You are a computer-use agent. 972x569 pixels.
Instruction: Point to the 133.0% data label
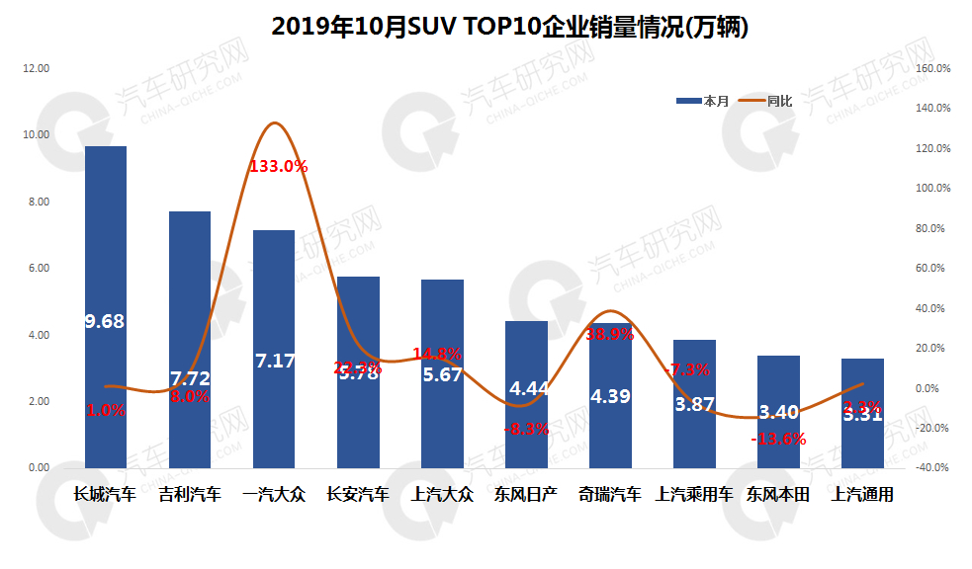coord(278,166)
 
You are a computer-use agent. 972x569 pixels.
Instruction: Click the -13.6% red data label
coord(778,439)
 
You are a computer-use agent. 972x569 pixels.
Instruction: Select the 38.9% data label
coord(609,334)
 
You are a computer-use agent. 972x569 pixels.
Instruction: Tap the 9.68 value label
coord(105,321)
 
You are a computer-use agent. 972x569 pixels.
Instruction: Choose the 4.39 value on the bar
coord(610,396)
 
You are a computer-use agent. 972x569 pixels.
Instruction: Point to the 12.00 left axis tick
coord(37,68)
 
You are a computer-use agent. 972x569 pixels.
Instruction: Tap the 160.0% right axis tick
coord(933,68)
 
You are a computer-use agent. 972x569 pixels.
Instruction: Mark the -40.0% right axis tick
coord(933,468)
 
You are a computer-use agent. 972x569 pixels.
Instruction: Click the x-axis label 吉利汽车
coord(190,495)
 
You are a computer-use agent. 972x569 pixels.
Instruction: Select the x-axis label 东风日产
coord(526,495)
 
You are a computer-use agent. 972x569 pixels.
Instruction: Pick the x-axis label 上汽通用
coord(863,495)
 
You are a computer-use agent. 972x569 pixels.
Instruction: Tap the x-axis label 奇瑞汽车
coord(610,495)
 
